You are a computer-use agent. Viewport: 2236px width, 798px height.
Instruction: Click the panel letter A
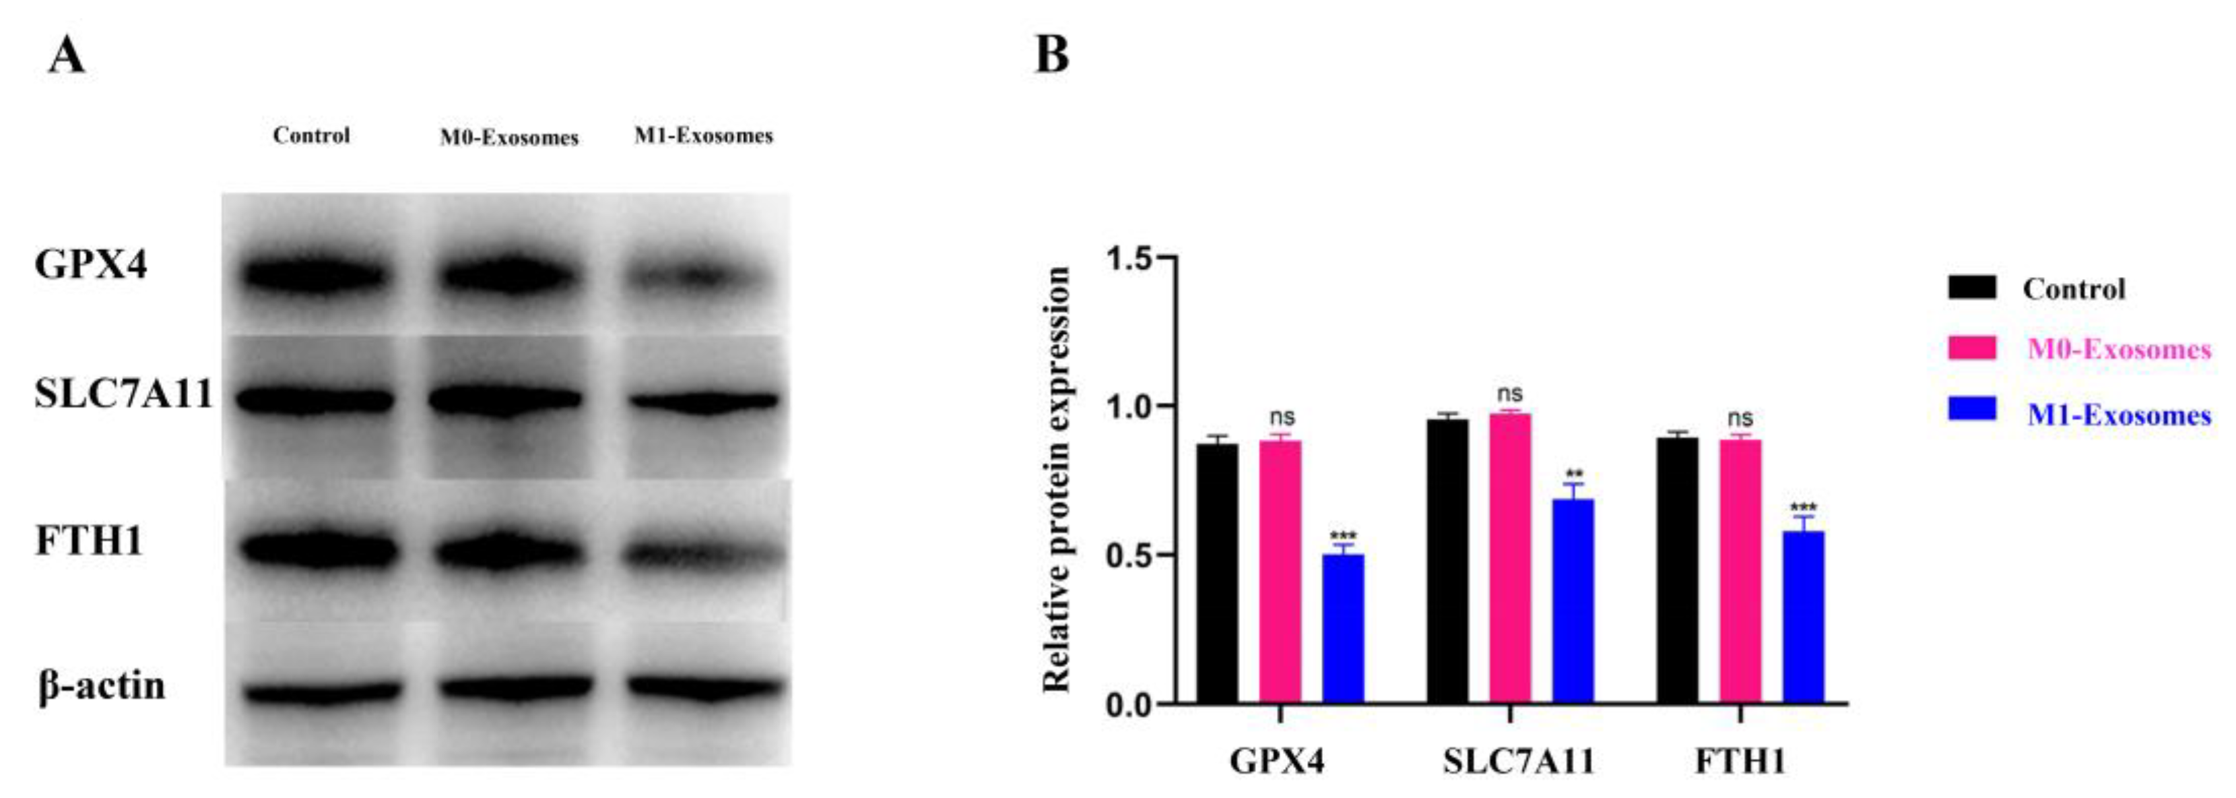coord(67,57)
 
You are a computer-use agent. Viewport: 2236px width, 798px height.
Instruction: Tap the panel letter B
coord(1051,55)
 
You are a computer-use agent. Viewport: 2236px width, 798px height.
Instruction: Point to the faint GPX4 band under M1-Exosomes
coord(700,278)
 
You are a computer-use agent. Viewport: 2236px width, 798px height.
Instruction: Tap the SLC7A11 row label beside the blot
coord(123,395)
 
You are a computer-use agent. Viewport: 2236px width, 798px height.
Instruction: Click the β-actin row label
coord(102,686)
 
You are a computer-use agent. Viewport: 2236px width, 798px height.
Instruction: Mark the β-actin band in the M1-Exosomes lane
coord(703,687)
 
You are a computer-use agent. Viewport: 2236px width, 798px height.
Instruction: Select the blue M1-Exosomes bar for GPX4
coord(1343,627)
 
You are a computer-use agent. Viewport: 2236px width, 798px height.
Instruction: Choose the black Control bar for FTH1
coord(1677,570)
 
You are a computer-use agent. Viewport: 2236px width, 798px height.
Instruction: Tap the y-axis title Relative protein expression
coord(1056,479)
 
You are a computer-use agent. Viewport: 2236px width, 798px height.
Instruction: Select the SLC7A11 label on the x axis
coord(1519,762)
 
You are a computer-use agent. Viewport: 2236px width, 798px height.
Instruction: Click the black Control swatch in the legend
coord(1972,287)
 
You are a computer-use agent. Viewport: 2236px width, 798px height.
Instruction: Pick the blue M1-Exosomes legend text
coord(2119,415)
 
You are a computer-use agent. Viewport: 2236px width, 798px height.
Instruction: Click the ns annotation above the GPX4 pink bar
coord(1281,418)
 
